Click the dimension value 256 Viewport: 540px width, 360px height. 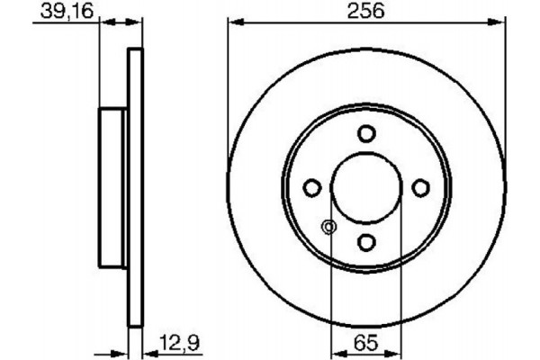(365, 11)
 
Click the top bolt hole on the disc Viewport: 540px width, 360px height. (365, 133)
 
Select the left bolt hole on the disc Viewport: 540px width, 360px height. (311, 187)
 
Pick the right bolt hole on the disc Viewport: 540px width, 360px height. (420, 187)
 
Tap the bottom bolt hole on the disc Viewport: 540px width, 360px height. (365, 241)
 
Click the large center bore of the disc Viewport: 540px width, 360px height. (365, 187)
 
